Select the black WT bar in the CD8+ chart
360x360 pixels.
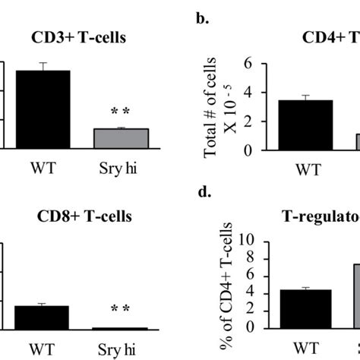pyautogui.click(x=43, y=317)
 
